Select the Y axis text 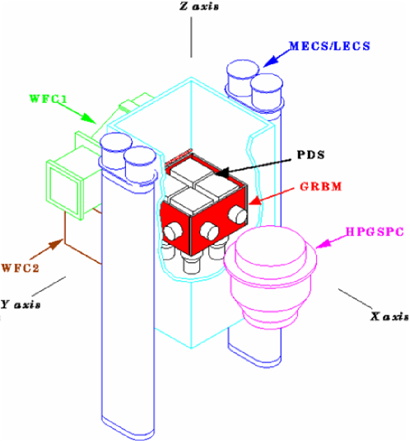[x=19, y=304]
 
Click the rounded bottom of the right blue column [x=254, y=352]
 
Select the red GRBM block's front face [x=218, y=227]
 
